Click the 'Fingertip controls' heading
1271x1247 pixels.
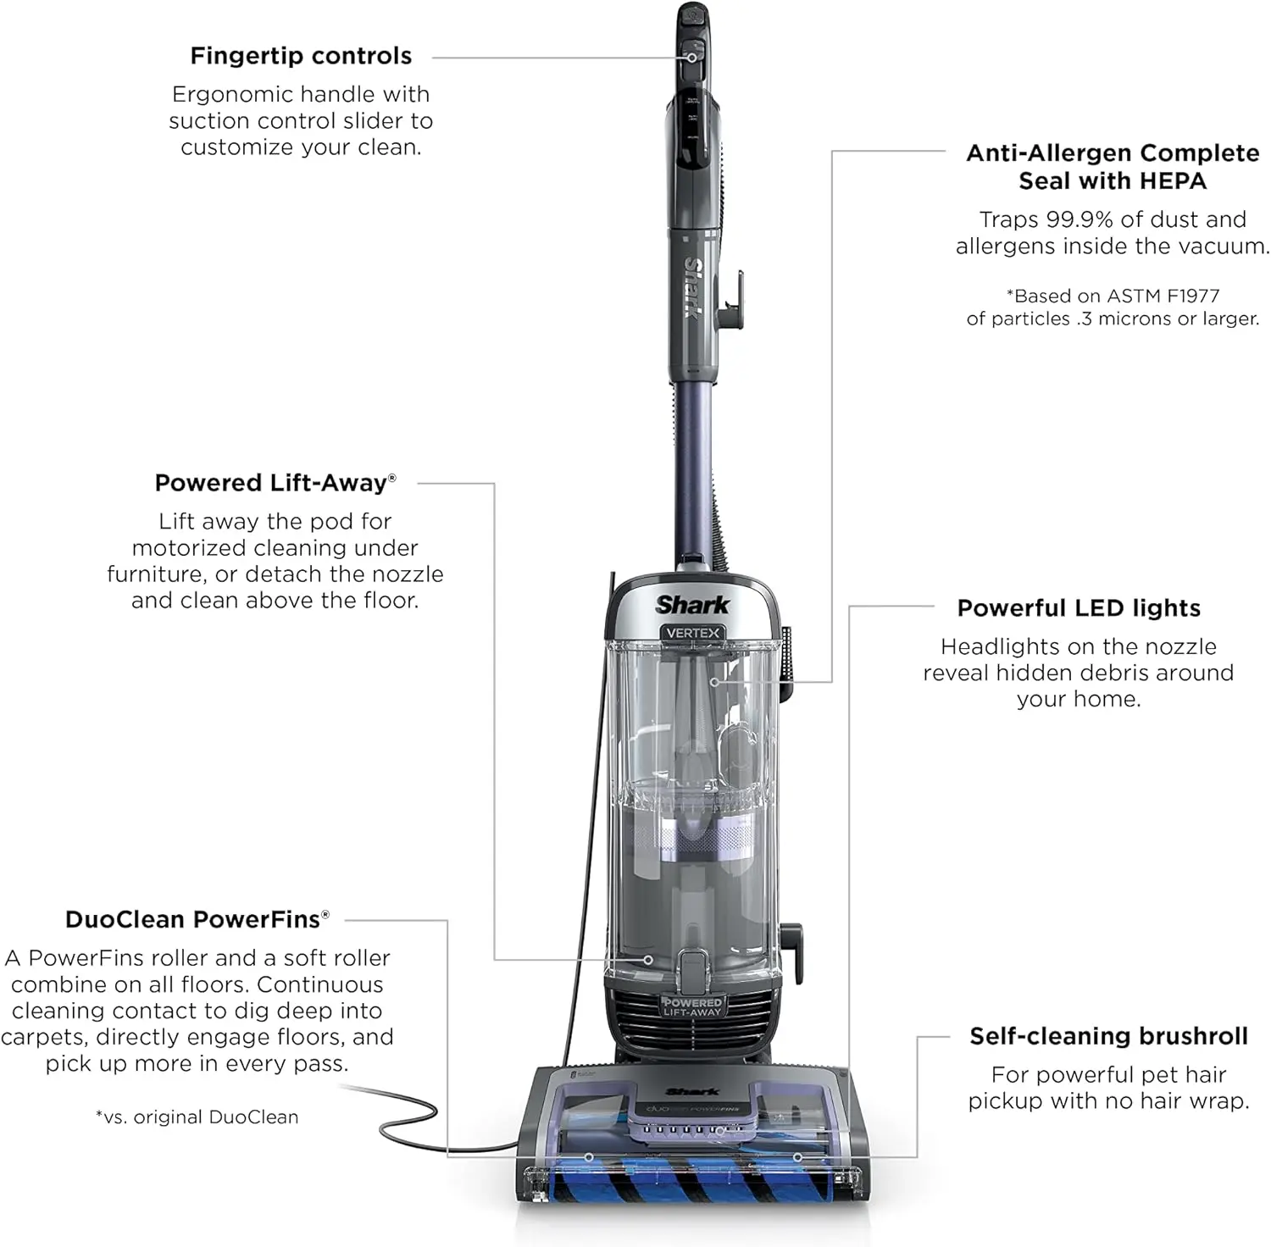[301, 56]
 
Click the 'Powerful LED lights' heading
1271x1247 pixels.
[1079, 608]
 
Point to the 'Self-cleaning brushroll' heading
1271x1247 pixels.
[1108, 1036]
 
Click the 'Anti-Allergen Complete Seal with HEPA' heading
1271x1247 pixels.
[1113, 167]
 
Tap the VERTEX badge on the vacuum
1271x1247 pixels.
[693, 633]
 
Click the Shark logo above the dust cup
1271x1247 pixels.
[692, 605]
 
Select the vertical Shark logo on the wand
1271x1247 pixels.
[692, 288]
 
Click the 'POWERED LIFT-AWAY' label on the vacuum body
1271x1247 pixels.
[692, 1007]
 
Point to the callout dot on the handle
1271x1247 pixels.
[691, 58]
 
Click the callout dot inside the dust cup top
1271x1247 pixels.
[714, 681]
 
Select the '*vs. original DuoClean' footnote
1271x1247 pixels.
[197, 1117]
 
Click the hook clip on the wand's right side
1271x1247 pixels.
[732, 301]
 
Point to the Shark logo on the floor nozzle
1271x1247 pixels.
[692, 1092]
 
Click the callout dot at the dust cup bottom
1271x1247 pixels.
[648, 960]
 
